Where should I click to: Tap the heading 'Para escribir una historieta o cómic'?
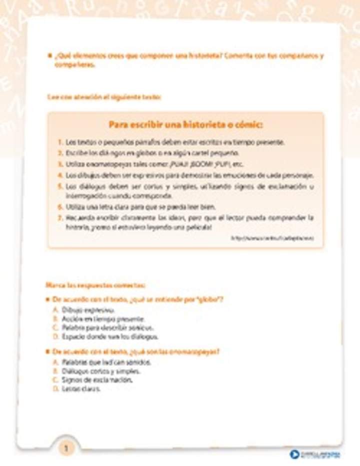click(x=185, y=124)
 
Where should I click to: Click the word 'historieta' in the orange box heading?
click(x=186, y=124)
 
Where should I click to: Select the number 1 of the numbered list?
click(x=60, y=142)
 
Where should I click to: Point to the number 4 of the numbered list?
click(x=60, y=175)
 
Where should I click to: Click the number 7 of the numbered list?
click(x=60, y=218)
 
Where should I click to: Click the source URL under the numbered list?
click(x=272, y=238)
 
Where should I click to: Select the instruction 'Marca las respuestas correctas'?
click(x=95, y=285)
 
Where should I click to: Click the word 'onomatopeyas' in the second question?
click(x=196, y=351)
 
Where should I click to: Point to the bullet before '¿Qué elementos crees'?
click(x=48, y=55)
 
